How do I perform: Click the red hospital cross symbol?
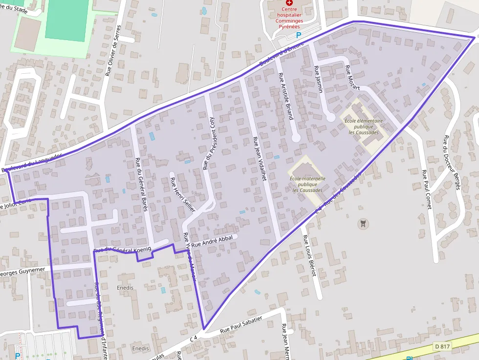(289, 2)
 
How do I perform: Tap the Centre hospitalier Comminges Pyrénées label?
(289, 18)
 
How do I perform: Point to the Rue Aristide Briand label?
(285, 96)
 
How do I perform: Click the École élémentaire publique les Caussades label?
(364, 126)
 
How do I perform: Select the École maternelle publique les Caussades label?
(307, 184)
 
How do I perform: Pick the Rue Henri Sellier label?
(182, 194)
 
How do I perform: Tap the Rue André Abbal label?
(212, 241)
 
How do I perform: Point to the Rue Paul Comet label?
(427, 190)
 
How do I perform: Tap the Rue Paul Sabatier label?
(241, 324)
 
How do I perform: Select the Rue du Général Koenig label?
(123, 250)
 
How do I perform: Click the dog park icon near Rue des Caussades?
(362, 224)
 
